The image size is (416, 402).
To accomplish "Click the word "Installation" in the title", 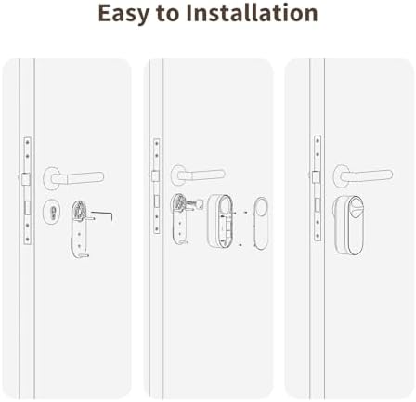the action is tap(252, 13).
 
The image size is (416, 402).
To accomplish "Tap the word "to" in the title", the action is tap(167, 14).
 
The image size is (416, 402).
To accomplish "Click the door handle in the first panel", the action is tap(73, 178).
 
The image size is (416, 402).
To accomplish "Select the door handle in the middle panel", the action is tap(198, 175).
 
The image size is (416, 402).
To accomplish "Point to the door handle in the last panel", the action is tap(363, 175).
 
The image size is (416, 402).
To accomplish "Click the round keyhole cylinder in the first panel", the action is tap(52, 212).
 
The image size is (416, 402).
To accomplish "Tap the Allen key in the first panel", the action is tap(102, 215).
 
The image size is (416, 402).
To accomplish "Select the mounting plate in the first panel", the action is tap(80, 229).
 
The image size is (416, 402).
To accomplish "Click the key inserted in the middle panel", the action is tap(196, 205).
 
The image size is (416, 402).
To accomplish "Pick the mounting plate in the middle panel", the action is tap(180, 218).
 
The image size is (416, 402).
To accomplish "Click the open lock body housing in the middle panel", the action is tap(219, 221).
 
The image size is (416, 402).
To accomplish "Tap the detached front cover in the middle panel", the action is tap(260, 224).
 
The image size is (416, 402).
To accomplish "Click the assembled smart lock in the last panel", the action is tap(348, 227).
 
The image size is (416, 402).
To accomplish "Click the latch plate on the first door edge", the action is tap(28, 191).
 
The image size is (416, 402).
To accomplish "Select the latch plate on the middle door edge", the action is tap(157, 187).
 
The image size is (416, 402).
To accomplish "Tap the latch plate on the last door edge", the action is tap(318, 188).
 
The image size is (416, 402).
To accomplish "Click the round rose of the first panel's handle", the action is tap(51, 178).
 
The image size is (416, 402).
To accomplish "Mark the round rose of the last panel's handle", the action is tap(341, 175).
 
